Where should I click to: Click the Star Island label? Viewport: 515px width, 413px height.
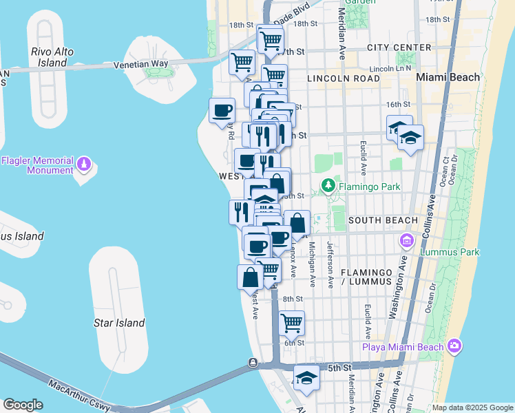119,323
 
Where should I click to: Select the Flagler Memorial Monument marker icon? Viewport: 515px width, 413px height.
84,165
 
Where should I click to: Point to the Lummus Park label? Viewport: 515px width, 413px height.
450,252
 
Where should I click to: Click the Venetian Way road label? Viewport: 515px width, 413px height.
141,63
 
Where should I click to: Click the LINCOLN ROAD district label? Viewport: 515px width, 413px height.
344,78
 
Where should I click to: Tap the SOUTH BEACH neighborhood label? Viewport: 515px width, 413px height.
383,220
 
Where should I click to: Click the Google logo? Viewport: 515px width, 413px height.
23,405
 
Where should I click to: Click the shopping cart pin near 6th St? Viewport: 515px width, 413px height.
292,321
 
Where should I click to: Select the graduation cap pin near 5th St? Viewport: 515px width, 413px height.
307,377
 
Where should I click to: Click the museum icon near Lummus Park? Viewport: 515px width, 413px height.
406,241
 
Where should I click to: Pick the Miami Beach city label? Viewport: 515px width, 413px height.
448,77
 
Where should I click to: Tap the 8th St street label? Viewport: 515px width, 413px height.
293,299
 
